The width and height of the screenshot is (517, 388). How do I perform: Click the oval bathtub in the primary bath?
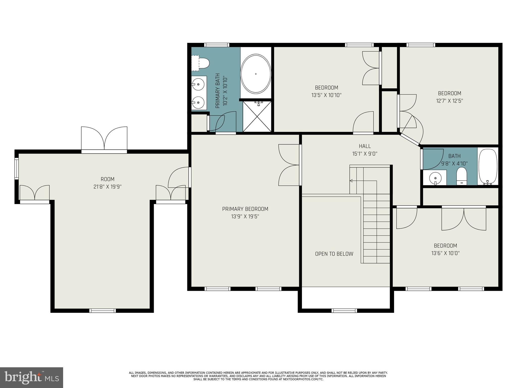tap(255, 74)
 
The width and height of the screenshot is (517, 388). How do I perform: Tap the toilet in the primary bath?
tap(204, 63)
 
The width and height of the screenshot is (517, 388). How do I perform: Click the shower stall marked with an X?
tap(257, 116)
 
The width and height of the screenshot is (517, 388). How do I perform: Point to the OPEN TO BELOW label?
tap(334, 254)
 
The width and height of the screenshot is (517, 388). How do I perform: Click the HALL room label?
tap(365, 146)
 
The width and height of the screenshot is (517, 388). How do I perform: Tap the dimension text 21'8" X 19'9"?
tap(108, 187)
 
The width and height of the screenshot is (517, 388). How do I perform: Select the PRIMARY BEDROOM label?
tap(245, 209)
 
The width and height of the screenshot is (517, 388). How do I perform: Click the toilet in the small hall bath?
tap(462, 175)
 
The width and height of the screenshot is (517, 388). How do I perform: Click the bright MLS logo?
tap(31, 378)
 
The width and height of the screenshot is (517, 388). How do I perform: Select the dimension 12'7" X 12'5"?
tap(449, 101)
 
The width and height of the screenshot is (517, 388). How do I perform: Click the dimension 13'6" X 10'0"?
tap(445, 253)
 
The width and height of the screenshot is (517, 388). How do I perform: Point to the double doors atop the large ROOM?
tap(104, 139)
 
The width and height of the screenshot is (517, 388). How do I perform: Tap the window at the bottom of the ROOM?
tap(103, 310)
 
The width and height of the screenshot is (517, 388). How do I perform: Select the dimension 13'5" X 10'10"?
tap(326, 95)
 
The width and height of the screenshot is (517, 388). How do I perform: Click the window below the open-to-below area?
tap(344, 310)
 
